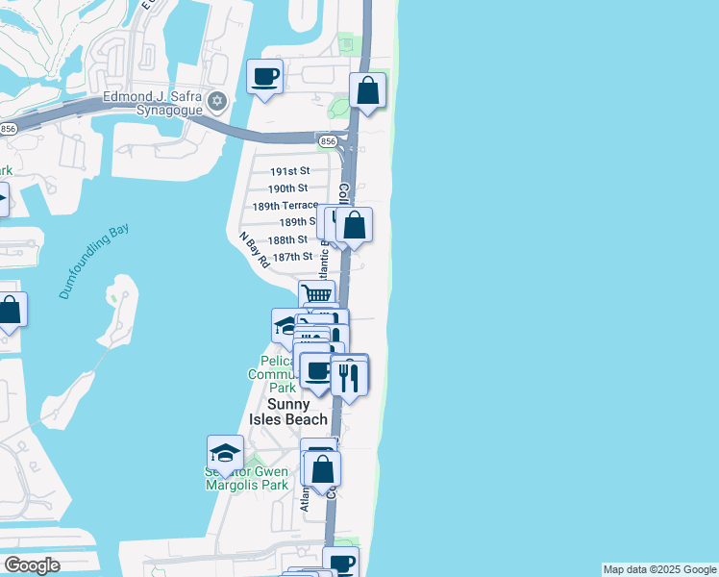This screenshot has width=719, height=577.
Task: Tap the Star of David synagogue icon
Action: point(217,101)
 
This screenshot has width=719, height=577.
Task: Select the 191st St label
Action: point(288,170)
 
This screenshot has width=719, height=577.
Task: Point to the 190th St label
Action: point(288,188)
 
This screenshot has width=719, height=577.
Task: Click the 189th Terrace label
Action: point(285,206)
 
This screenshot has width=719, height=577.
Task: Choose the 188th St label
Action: point(287,239)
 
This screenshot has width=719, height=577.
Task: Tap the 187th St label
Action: point(292,257)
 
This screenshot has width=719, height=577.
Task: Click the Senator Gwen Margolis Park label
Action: point(247,479)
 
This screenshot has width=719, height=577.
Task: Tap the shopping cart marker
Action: point(316,295)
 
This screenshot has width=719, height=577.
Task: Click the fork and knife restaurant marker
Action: point(349,376)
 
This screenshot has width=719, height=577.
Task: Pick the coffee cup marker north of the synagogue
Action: point(265,76)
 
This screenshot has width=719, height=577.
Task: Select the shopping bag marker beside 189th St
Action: point(354,225)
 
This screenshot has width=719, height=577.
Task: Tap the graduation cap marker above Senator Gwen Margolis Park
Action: point(225,453)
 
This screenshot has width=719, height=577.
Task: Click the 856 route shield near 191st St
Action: point(328,141)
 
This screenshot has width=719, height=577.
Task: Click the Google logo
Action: point(32,565)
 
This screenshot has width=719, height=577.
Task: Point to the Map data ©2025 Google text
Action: point(659,569)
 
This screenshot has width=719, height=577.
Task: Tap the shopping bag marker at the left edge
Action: point(10,310)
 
